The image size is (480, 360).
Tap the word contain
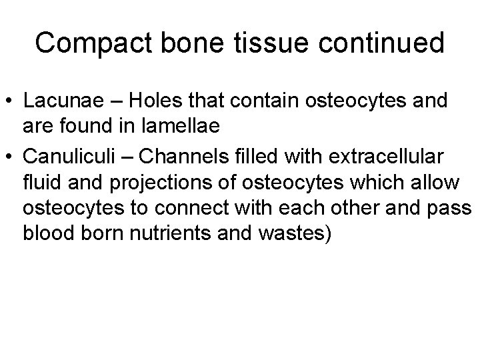pyautogui.click(x=253, y=103)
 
